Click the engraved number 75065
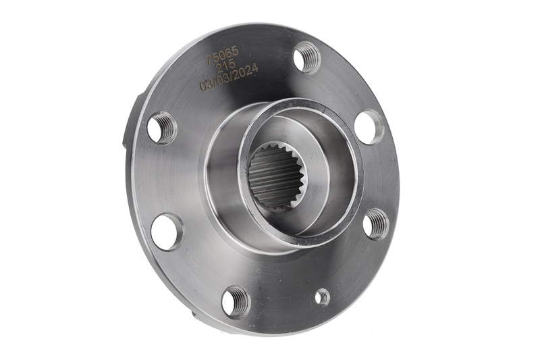tap(222, 55)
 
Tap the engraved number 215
tap(225, 66)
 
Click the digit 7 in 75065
tap(209, 60)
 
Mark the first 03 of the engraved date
tap(206, 86)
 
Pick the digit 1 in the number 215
tap(225, 66)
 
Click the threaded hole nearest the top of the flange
tap(306, 57)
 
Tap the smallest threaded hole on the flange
tap(323, 297)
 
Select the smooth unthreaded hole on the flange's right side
tap(369, 126)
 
